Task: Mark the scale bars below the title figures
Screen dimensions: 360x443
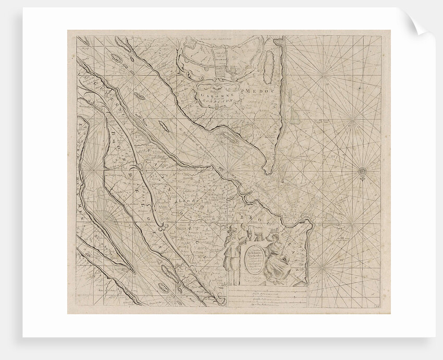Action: click(267, 299)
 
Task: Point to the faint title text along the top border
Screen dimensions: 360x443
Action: click(208, 38)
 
